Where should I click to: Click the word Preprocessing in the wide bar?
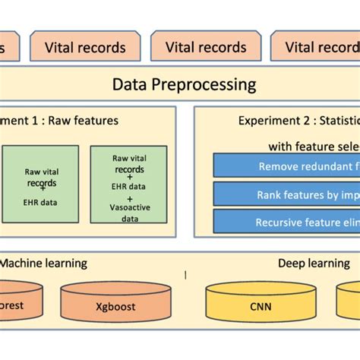[x=207, y=84]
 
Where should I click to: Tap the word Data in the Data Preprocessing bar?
[x=129, y=84]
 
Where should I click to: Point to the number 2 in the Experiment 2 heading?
[x=309, y=121]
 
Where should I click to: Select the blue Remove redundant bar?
[x=286, y=166]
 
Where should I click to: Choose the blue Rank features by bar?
[x=286, y=194]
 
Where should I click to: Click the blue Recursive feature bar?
[x=286, y=222]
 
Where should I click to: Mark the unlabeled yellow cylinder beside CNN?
[x=349, y=302]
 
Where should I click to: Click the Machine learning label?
[x=43, y=264]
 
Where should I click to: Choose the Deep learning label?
[x=313, y=264]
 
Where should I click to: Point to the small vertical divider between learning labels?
[x=185, y=272]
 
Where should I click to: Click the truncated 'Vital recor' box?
[x=315, y=47]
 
